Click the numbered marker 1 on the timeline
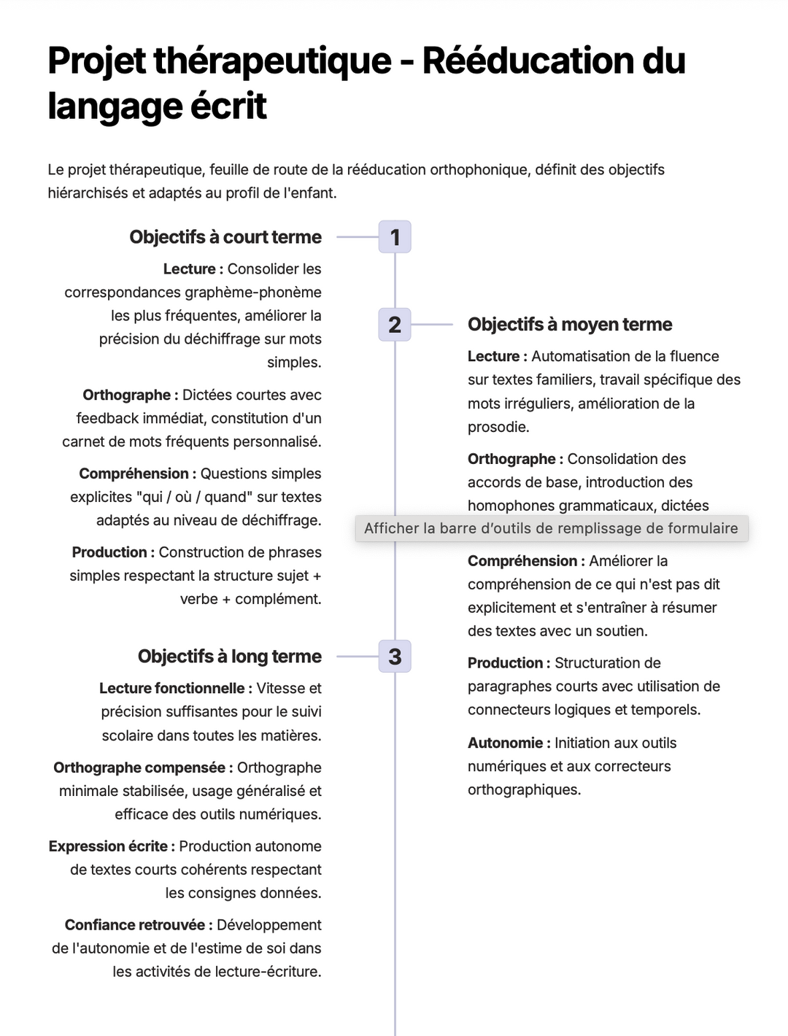(x=395, y=237)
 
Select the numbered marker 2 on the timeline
(x=395, y=325)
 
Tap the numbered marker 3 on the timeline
(x=395, y=657)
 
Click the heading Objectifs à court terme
(x=225, y=237)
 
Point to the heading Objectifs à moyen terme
(x=570, y=325)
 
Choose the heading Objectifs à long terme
(x=230, y=657)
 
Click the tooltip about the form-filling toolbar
(x=551, y=528)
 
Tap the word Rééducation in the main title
(x=529, y=61)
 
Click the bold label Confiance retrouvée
(x=135, y=925)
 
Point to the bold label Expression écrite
(x=108, y=846)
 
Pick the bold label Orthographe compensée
(x=139, y=768)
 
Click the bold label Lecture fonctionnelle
(x=172, y=688)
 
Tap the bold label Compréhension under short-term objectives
(x=134, y=473)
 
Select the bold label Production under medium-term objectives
(x=505, y=663)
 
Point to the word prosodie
(x=498, y=427)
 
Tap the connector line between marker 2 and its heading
(x=432, y=325)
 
